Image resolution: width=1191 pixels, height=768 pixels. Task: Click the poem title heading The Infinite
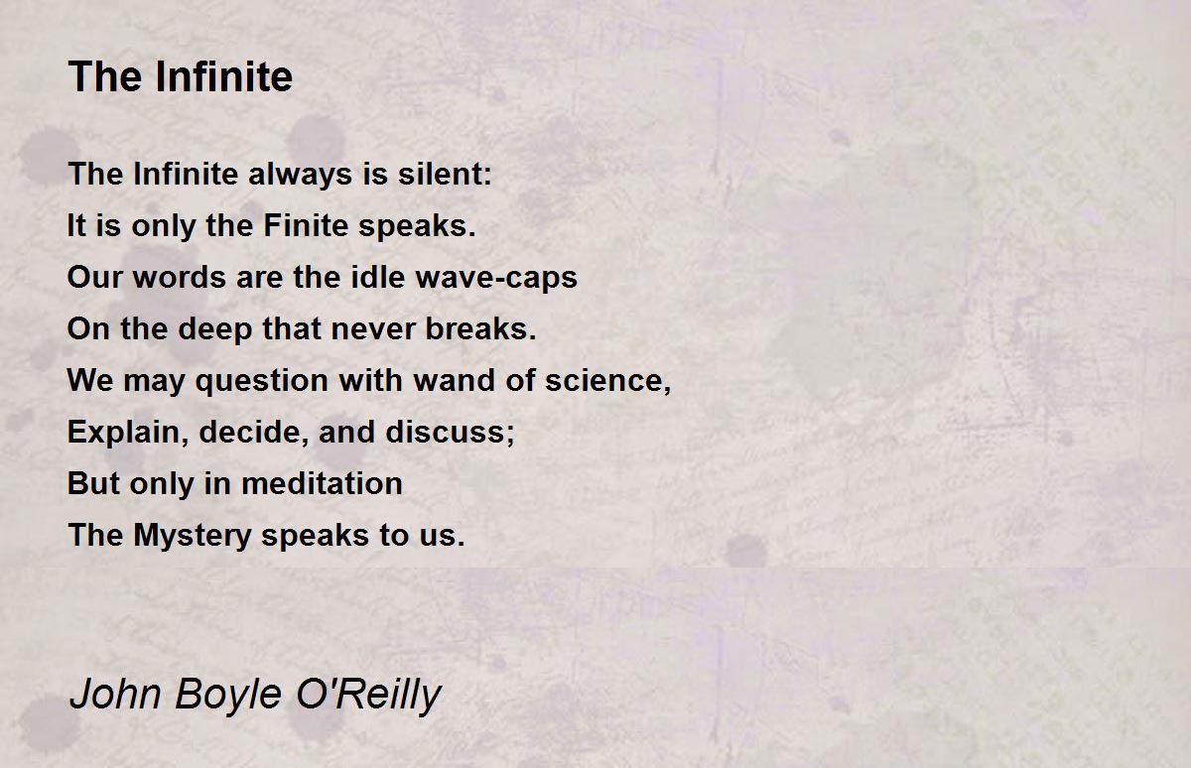pos(180,77)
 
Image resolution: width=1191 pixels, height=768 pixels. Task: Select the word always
pos(297,175)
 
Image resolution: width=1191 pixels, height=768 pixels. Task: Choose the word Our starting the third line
pos(88,278)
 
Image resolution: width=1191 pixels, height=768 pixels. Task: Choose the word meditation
pos(322,484)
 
